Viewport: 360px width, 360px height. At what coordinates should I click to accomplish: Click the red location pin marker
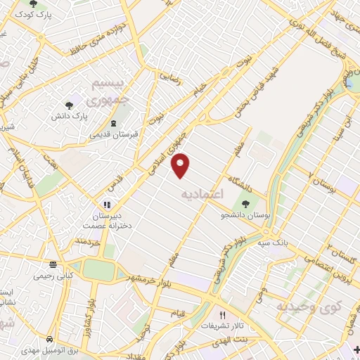coord(181,165)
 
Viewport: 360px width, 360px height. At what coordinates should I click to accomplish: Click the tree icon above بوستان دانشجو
coord(245,203)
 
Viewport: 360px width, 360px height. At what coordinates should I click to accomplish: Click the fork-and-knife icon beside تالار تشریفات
coord(223,316)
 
